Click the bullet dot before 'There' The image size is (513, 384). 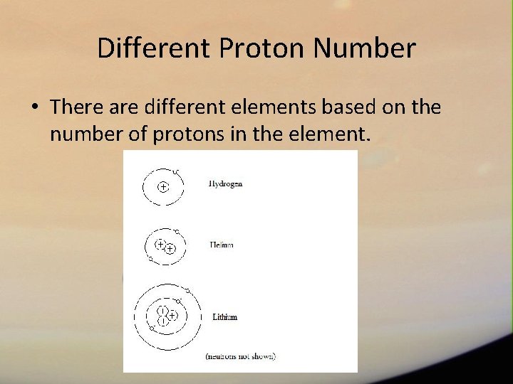tap(34, 108)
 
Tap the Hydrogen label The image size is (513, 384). tap(225, 183)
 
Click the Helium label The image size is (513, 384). tap(222, 245)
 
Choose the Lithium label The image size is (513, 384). tap(225, 317)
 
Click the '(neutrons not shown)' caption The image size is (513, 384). tap(240, 356)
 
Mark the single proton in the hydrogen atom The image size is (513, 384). tap(163, 187)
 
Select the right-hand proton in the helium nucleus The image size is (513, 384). tap(170, 249)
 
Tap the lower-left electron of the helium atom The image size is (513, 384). tap(150, 259)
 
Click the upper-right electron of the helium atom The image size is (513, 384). tap(177, 231)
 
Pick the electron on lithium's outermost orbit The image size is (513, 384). tap(187, 291)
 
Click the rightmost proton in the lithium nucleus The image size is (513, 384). tap(172, 315)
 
